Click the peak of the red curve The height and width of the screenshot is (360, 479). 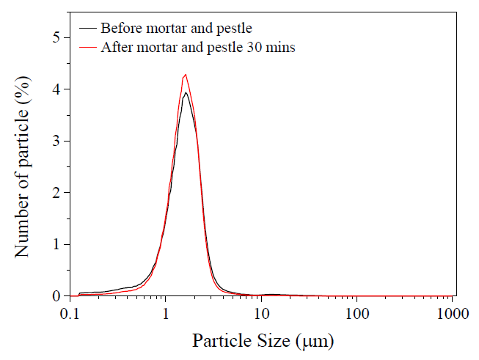click(x=186, y=74)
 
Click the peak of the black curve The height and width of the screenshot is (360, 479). click(x=186, y=92)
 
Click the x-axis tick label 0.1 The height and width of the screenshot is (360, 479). click(x=70, y=314)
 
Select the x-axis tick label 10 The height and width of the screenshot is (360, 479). click(x=261, y=314)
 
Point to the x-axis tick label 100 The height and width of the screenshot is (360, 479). click(x=356, y=314)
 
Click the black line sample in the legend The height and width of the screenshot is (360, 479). click(x=88, y=29)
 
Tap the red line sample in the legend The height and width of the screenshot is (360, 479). click(x=88, y=47)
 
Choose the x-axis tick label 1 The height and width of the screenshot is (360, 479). click(x=166, y=314)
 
